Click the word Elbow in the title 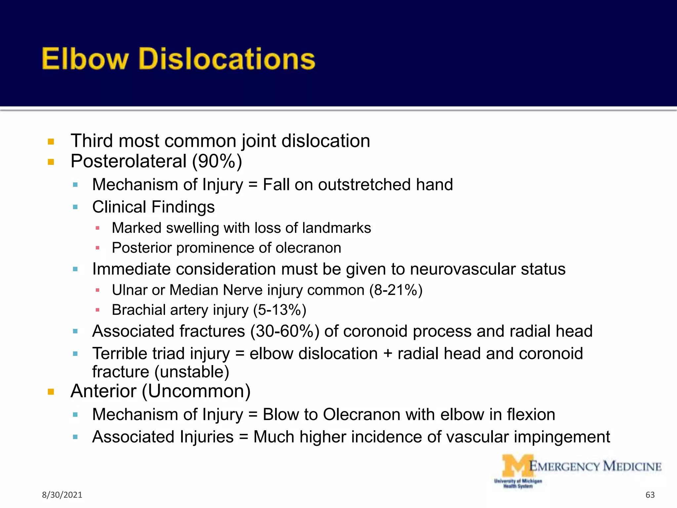[85, 59]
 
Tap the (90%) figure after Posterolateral [217, 161]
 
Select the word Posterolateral [129, 161]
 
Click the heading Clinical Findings [153, 207]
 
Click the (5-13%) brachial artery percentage [280, 310]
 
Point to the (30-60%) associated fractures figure [285, 331]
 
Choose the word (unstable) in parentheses [192, 372]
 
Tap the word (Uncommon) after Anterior [196, 391]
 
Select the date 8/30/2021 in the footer [62, 495]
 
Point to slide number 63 [650, 495]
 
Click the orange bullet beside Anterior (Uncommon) [51, 392]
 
